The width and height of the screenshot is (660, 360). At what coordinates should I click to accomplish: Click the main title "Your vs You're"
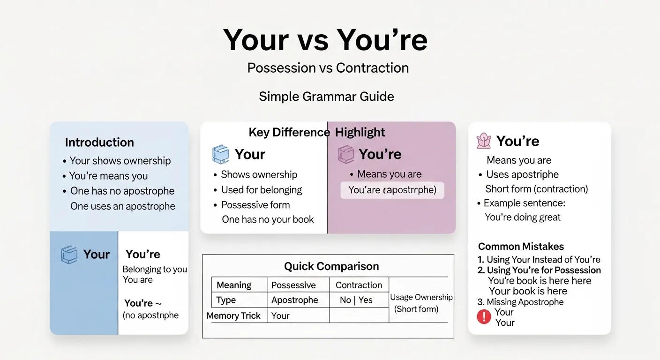pos(325,40)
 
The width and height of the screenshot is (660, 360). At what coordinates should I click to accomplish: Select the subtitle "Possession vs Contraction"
pos(328,68)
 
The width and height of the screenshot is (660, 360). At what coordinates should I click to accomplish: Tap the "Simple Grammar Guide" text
pos(326,97)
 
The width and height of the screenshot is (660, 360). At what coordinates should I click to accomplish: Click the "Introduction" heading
pos(99,142)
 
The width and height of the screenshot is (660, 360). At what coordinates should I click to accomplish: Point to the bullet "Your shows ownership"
pos(120,161)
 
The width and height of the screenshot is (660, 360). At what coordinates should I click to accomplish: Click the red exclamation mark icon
pos(484,317)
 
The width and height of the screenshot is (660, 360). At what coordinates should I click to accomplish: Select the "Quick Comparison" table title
pos(331,267)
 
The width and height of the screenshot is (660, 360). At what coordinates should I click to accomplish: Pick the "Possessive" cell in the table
pos(293,285)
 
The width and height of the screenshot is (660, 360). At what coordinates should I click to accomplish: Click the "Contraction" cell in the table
pos(359,285)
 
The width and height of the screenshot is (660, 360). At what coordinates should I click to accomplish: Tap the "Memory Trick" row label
pos(233,315)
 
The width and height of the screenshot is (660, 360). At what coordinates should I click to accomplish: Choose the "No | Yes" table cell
pos(356,300)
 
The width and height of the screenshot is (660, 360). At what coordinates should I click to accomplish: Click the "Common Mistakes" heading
pos(521,247)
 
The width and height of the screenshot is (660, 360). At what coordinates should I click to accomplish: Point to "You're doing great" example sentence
pos(523,217)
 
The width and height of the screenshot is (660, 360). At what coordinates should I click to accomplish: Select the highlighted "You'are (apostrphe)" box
pos(392,190)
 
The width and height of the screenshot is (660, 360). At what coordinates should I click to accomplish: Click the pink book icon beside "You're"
pos(346,155)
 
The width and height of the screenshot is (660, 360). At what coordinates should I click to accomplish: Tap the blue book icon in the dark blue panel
pos(69,255)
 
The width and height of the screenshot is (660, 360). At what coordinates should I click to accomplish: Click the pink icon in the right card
pos(483,141)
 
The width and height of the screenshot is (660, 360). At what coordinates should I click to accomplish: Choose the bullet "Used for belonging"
pos(262,190)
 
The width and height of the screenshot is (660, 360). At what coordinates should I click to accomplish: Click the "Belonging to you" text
pos(155,270)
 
